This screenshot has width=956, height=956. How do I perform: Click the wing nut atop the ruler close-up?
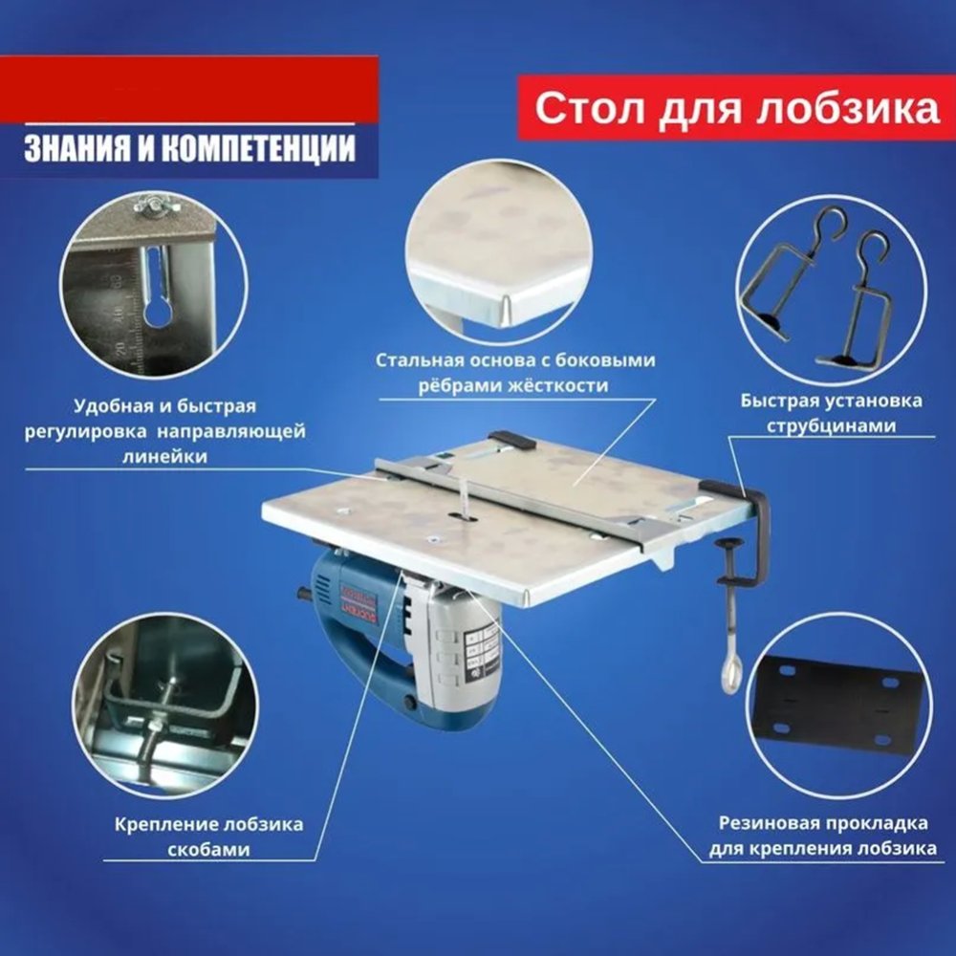tap(156, 206)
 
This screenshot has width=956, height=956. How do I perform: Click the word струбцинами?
tap(831, 425)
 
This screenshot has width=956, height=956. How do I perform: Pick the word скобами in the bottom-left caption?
tap(209, 849)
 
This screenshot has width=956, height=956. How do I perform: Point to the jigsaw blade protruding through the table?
tap(464, 499)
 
